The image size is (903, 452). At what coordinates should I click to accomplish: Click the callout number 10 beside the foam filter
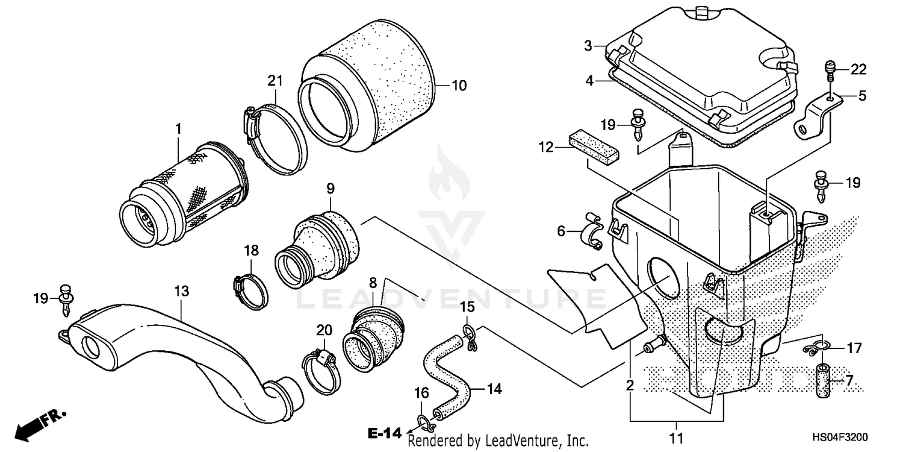pyautogui.click(x=459, y=86)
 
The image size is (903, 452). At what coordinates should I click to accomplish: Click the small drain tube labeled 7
pyautogui.click(x=823, y=381)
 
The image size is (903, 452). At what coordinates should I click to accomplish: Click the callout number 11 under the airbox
pyautogui.click(x=677, y=438)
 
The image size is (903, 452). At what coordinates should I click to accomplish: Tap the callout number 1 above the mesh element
pyautogui.click(x=178, y=128)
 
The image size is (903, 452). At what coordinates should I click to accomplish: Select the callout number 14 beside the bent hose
pyautogui.click(x=494, y=389)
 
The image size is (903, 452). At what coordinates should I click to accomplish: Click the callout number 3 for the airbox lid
pyautogui.click(x=588, y=46)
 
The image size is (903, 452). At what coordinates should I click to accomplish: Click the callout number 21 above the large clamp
pyautogui.click(x=275, y=81)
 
